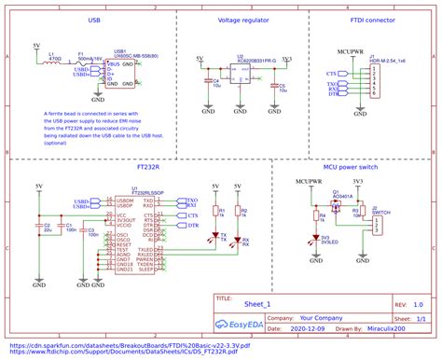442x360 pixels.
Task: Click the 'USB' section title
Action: (93, 20)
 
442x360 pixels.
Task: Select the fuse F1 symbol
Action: (83, 64)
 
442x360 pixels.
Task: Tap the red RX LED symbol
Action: (239, 240)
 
